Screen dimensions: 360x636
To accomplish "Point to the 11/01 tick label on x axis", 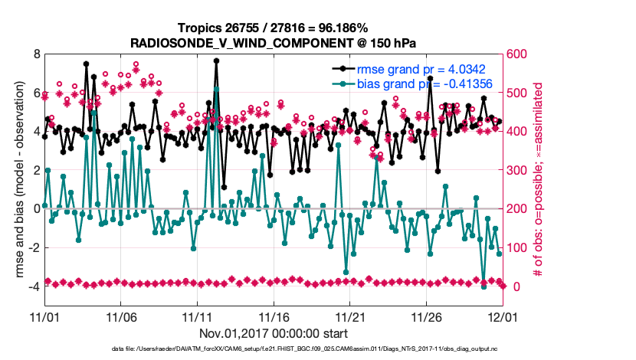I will click(44, 316).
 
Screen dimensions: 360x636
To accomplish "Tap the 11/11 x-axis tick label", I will click(197, 316).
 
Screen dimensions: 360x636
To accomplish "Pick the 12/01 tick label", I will click(503, 316).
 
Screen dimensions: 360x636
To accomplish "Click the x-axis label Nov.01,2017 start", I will click(273, 333).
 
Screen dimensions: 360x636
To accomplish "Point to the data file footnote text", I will click(317, 349).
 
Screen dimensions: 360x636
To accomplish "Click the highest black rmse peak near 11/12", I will click(217, 60).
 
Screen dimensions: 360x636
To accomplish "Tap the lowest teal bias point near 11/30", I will click(484, 286).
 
